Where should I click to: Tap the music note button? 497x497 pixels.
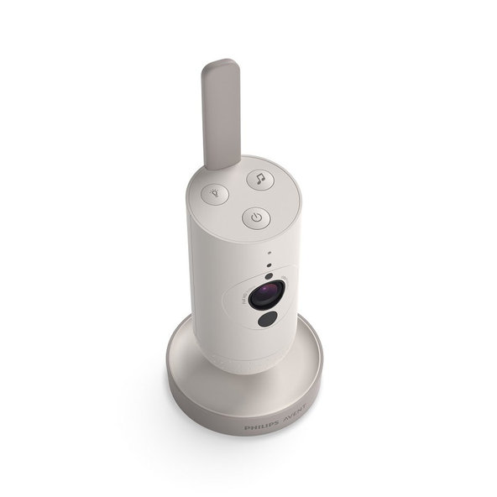259,179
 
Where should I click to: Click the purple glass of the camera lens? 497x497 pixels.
269,294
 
